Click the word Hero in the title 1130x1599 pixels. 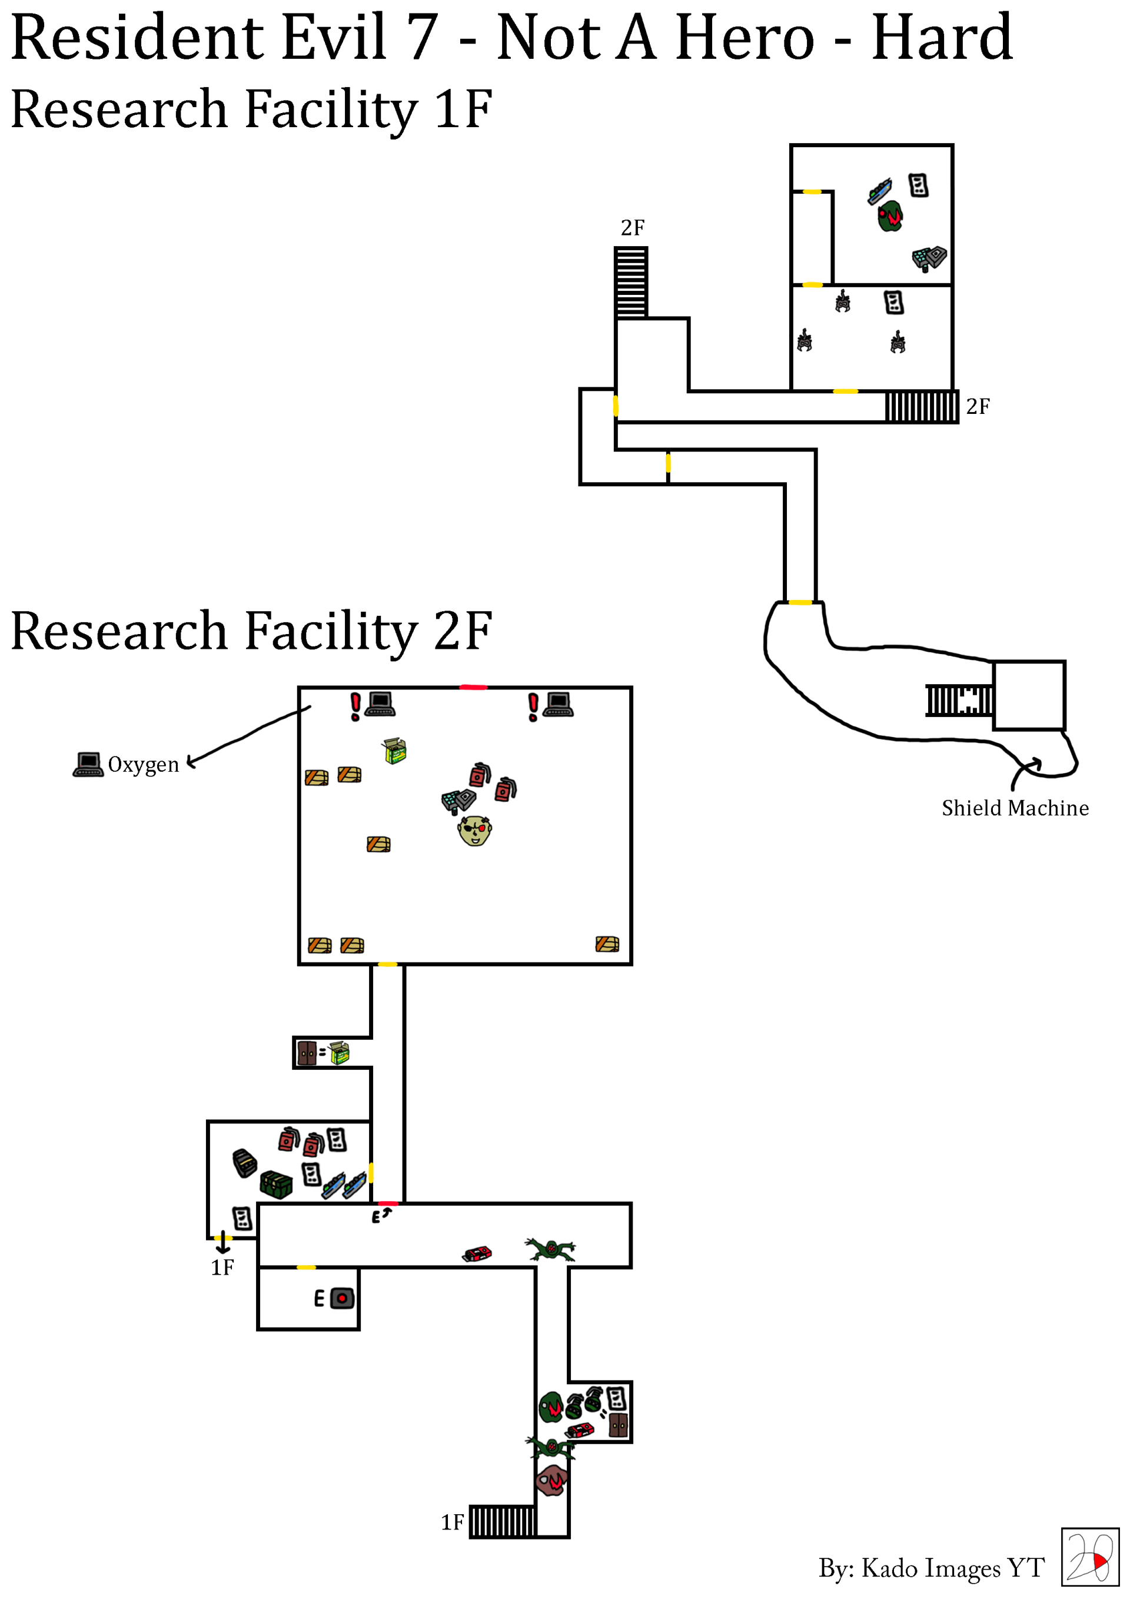(745, 38)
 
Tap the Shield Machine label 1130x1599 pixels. (1015, 808)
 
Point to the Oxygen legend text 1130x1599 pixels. (144, 765)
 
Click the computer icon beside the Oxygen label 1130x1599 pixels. (88, 764)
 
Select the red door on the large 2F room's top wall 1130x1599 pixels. (473, 688)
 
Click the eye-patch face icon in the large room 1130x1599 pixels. (475, 830)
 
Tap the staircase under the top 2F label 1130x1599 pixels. (631, 283)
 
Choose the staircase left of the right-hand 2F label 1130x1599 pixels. (921, 406)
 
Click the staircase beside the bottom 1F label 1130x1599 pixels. (503, 1522)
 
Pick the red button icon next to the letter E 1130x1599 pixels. (342, 1298)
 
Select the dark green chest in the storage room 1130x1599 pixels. (275, 1184)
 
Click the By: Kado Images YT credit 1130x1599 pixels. (931, 1568)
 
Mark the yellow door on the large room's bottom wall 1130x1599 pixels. (387, 964)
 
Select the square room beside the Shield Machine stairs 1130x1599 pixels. (1028, 695)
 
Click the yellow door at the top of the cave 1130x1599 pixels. (800, 602)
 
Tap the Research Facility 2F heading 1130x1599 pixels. (251, 631)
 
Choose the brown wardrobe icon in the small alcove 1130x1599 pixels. (307, 1053)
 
